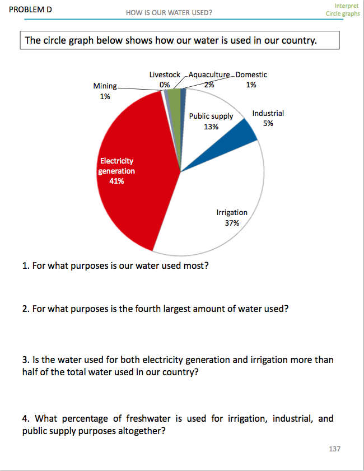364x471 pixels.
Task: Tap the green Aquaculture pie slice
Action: pyautogui.click(x=174, y=98)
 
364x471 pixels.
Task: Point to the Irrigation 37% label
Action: pyautogui.click(x=232, y=218)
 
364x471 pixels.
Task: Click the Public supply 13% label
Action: pyautogui.click(x=211, y=122)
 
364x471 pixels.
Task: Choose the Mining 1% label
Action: pyautogui.click(x=105, y=91)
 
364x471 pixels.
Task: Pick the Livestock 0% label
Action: pyautogui.click(x=165, y=80)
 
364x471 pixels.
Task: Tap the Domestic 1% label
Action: pyautogui.click(x=251, y=80)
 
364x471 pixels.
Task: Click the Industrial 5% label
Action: pyautogui.click(x=268, y=118)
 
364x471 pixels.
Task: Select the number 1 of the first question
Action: pyautogui.click(x=25, y=265)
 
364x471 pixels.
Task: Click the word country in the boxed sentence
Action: pyautogui.click(x=307, y=41)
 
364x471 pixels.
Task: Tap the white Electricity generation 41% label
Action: pyautogui.click(x=116, y=171)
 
